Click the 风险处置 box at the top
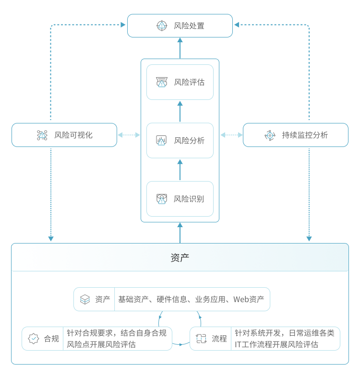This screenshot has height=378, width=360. pyautogui.click(x=180, y=25)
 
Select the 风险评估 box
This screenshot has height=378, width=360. pyautogui.click(x=180, y=82)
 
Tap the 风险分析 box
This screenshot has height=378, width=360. pyautogui.click(x=180, y=140)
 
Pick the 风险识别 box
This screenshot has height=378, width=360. pyautogui.click(x=180, y=198)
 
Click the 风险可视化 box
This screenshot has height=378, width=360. pyautogui.click(x=64, y=135)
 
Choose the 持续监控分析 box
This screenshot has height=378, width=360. pyautogui.click(x=295, y=135)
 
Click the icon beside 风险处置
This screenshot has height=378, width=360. pyautogui.click(x=162, y=25)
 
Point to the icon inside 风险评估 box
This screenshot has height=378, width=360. pyautogui.click(x=162, y=82)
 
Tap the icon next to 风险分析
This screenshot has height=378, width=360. pyautogui.click(x=161, y=140)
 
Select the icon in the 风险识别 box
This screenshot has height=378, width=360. pyautogui.click(x=162, y=198)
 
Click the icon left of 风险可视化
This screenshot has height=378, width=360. pyautogui.click(x=42, y=135)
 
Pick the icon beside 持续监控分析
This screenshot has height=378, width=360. pyautogui.click(x=270, y=135)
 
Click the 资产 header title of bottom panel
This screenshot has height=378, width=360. pyautogui.click(x=180, y=257)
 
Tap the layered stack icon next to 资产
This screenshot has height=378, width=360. pyautogui.click(x=85, y=299)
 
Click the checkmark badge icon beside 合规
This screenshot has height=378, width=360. pyautogui.click(x=34, y=339)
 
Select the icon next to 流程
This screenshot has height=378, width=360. pyautogui.click(x=201, y=339)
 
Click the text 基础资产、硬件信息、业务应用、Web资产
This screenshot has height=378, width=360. pyautogui.click(x=191, y=299)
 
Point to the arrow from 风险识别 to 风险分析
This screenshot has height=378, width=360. pyautogui.click(x=180, y=170)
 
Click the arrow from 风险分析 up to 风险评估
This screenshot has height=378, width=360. pyautogui.click(x=180, y=111)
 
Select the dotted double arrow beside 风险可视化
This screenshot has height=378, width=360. pyautogui.click(x=129, y=135)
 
